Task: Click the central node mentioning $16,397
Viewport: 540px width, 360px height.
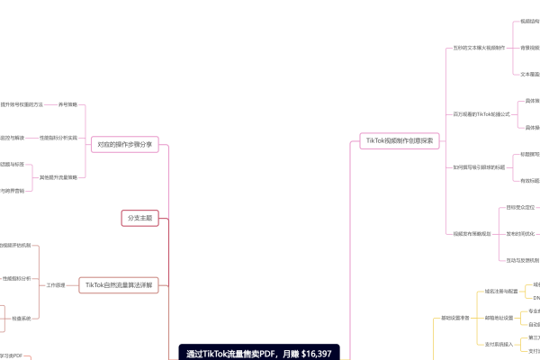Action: (257, 353)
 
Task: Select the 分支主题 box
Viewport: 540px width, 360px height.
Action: (139, 217)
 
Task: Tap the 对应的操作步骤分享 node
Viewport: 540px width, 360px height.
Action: (124, 143)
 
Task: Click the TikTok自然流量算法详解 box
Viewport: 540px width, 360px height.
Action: (119, 285)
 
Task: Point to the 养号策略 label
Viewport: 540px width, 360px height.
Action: (68, 104)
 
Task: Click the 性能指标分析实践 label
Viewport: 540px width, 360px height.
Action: (58, 138)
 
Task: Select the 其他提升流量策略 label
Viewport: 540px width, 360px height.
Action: (58, 177)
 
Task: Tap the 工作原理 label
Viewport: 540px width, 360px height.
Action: (56, 284)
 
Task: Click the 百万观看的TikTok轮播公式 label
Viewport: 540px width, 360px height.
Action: (481, 114)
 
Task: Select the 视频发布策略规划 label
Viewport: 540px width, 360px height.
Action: (472, 233)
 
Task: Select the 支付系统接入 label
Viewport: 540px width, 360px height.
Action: (499, 344)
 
